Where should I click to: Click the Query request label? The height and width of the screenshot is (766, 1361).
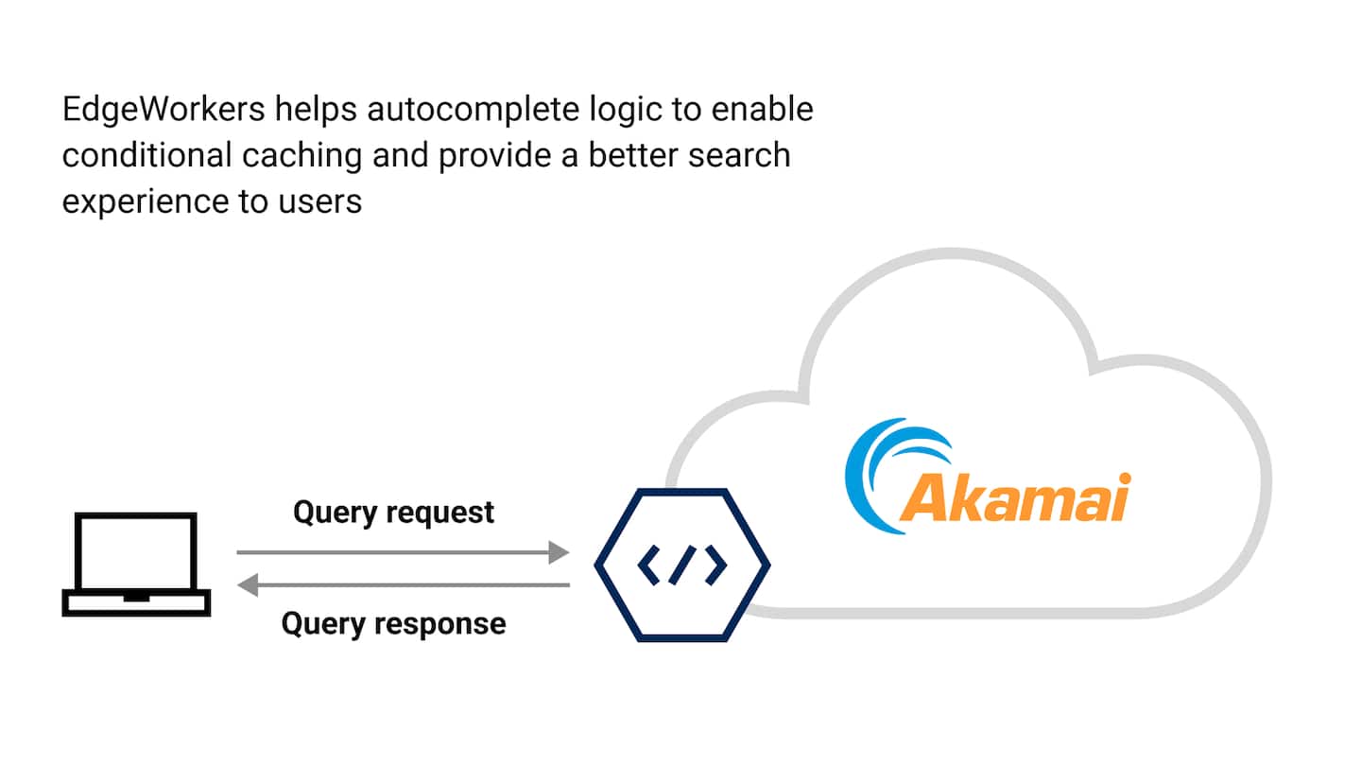click(x=393, y=513)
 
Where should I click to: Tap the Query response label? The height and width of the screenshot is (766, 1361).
click(x=393, y=624)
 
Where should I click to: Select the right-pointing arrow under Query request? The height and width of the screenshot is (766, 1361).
click(x=403, y=552)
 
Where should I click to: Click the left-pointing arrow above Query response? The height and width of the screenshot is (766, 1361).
click(x=403, y=586)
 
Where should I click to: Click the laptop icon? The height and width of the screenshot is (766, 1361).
click(x=136, y=565)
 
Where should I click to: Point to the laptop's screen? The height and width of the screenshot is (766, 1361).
click(x=136, y=551)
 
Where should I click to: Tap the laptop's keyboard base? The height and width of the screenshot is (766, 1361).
click(x=136, y=603)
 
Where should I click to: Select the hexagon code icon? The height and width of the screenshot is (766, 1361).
click(x=681, y=565)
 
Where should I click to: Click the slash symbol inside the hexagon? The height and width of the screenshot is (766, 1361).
click(x=682, y=565)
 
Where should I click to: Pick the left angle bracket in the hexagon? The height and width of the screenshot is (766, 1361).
click(x=649, y=565)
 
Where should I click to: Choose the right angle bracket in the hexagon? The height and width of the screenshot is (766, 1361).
click(x=715, y=565)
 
